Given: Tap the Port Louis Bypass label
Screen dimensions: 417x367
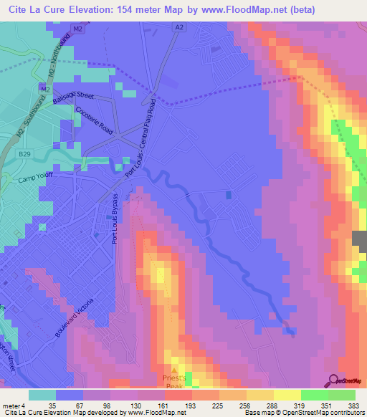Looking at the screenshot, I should click(x=114, y=218).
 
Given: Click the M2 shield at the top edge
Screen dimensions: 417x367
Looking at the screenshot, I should click(x=77, y=29).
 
